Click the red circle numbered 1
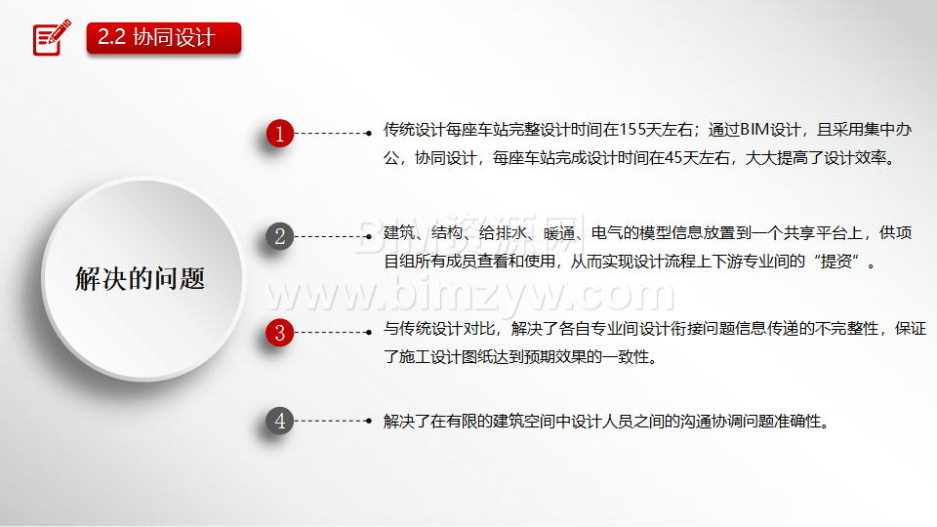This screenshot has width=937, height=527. pos(280,134)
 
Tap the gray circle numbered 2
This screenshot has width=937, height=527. pos(280,236)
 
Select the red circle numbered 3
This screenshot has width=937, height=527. pos(280,333)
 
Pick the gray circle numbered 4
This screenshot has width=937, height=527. pos(280,422)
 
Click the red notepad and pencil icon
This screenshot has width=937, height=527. pos(52,37)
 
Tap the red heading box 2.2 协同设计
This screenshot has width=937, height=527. pos(164,38)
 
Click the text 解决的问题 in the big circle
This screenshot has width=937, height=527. pos(141,279)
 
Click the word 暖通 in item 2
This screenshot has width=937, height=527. pos(558,233)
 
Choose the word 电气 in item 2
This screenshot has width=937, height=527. pos(606,233)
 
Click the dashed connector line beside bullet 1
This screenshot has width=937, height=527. pos(332,134)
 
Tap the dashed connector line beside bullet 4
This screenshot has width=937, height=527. pos(332,422)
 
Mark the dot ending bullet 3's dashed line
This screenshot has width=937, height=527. pos(369,332)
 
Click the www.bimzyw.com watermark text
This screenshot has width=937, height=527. pos(470,294)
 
